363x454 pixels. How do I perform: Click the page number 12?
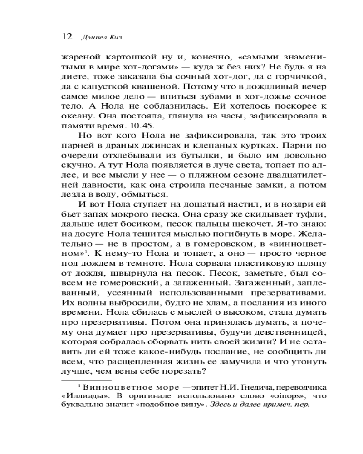(x=67, y=37)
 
